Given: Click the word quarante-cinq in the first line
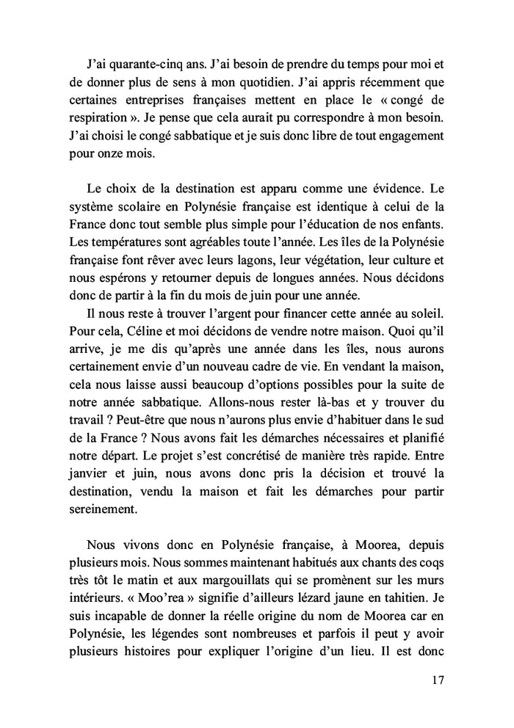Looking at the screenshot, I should [151, 62].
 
